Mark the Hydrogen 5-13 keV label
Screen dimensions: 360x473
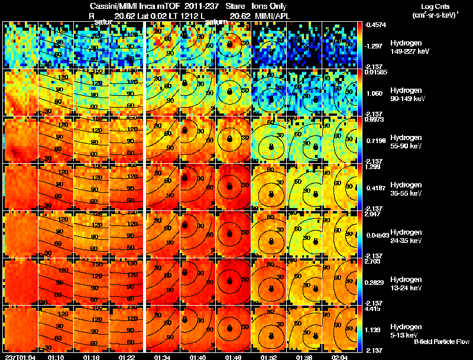[406, 330]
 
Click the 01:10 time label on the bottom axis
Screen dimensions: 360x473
[56, 357]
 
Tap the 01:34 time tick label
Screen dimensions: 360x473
[164, 357]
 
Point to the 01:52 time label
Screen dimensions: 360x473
[270, 357]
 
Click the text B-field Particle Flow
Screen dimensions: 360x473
[441, 342]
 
